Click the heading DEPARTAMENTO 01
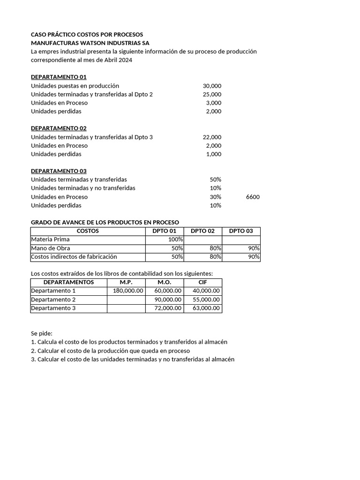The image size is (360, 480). pos(59,77)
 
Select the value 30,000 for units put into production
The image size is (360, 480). pos(212,86)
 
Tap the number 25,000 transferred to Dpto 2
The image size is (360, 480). pos(212,94)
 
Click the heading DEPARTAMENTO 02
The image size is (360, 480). pos(59,128)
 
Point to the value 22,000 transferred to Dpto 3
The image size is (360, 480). pos(212,137)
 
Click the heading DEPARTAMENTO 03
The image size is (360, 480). pos(59,171)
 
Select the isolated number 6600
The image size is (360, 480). pos(253,197)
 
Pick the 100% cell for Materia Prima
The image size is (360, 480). pos(175,240)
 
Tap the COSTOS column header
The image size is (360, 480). pos(88,231)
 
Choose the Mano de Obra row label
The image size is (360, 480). pos(50,248)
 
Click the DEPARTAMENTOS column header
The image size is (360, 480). pos(68,282)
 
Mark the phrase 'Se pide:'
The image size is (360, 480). pos(42,333)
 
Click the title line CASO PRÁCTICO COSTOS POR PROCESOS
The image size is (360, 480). pos(87,35)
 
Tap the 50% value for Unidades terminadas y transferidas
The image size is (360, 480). pos(215,180)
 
